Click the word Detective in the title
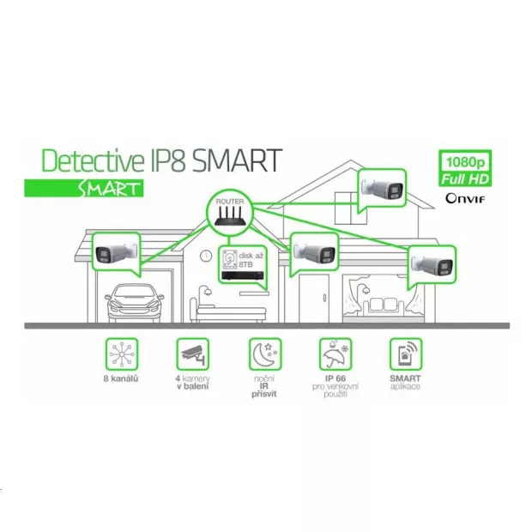pos(93,160)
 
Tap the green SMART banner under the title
pos(84,188)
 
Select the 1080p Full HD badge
pos(465,169)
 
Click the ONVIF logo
pos(465,198)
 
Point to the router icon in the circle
pos(230,217)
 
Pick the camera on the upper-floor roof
pos(382,188)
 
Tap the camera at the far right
pos(432,263)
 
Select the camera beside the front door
pos(315,251)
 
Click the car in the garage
pos(135,303)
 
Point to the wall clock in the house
pos(206,256)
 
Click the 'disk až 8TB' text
pos(251,260)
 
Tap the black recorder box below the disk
pos(244,275)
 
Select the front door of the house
pos(314,299)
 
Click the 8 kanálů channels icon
pos(122,354)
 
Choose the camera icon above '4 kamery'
pos(193,354)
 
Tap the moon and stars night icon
pos(265,354)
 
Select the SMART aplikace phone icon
pos(406,354)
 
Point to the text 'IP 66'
pos(336,378)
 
